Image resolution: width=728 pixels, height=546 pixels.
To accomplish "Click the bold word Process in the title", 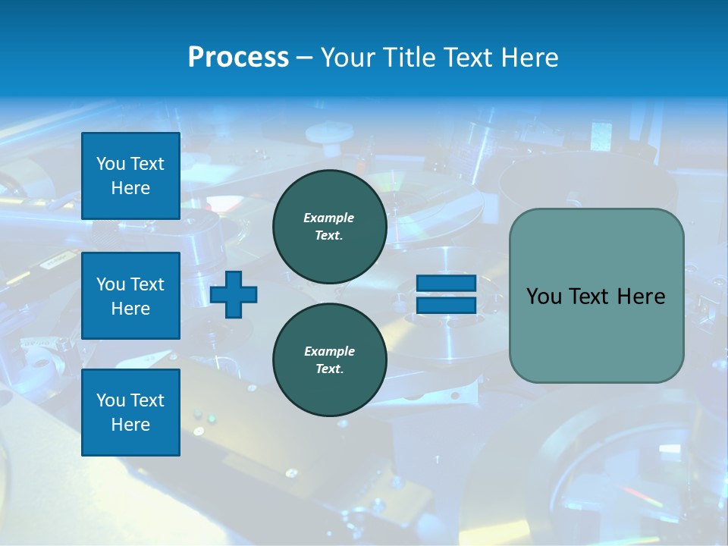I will pyautogui.click(x=238, y=58).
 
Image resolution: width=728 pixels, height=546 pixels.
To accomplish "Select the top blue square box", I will pyautogui.click(x=130, y=176).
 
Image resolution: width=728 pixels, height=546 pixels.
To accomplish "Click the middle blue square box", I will pyautogui.click(x=130, y=296).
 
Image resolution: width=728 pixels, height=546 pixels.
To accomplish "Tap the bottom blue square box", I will pyautogui.click(x=130, y=413).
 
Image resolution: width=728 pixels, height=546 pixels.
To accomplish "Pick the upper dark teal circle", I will pyautogui.click(x=329, y=226).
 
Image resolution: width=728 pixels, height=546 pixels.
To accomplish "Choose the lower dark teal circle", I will pyautogui.click(x=329, y=359).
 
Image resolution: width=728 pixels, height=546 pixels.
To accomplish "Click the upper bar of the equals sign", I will pyautogui.click(x=446, y=284).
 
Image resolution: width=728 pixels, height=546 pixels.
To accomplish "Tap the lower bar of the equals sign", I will pyautogui.click(x=446, y=305).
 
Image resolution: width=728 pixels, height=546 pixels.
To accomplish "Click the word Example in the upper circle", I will pyautogui.click(x=329, y=218).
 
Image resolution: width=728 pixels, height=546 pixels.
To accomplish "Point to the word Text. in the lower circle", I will pyautogui.click(x=329, y=369).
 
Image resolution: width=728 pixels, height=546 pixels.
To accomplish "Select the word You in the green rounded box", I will pyautogui.click(x=543, y=297).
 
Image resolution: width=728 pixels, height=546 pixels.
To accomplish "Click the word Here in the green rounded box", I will pyautogui.click(x=641, y=297).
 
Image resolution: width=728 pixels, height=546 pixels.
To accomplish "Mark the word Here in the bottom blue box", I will pyautogui.click(x=130, y=425).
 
